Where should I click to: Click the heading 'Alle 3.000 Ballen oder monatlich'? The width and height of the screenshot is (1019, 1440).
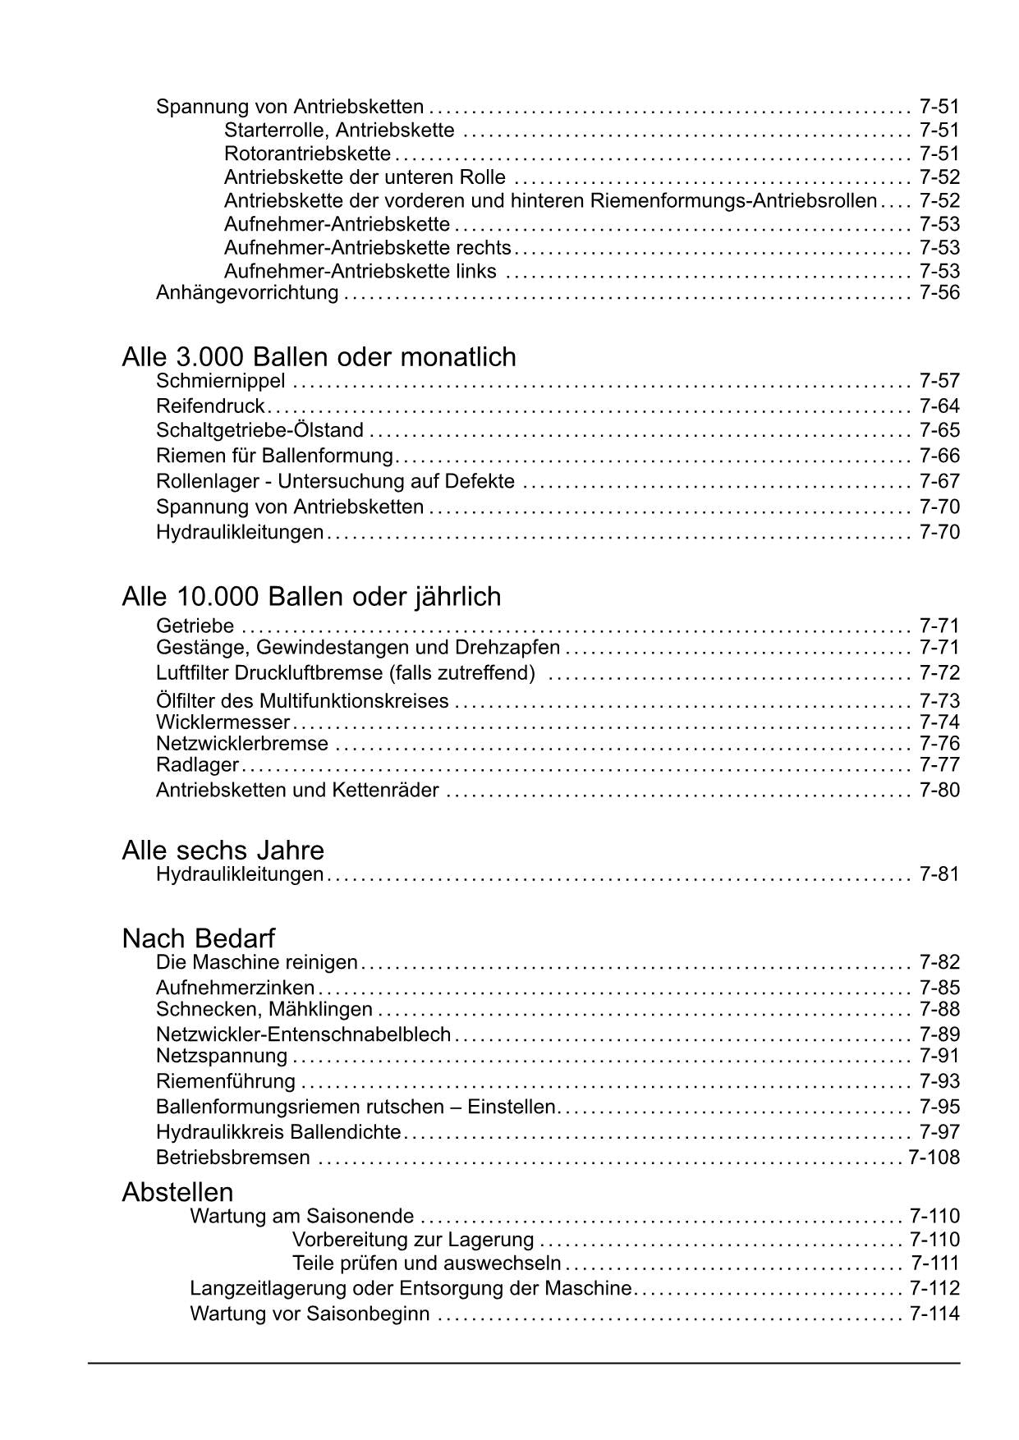click(319, 357)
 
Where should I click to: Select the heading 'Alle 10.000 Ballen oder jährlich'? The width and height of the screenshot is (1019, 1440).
click(311, 597)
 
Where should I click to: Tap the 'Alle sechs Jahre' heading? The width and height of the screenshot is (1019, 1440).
click(223, 850)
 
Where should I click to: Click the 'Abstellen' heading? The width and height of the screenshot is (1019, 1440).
click(177, 1192)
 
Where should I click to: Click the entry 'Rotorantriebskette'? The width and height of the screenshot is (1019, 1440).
click(307, 154)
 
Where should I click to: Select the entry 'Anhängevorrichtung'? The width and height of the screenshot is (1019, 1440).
click(247, 293)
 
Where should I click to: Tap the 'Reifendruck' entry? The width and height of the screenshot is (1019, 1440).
click(210, 406)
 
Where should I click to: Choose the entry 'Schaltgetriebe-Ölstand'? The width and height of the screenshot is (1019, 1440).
click(259, 430)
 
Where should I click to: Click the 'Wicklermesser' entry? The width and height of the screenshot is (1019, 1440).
click(223, 722)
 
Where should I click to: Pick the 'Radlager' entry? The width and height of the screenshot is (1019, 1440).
click(197, 765)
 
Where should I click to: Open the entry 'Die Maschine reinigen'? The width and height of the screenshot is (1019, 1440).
click(257, 962)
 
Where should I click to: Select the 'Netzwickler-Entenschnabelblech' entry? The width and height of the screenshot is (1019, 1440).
click(303, 1034)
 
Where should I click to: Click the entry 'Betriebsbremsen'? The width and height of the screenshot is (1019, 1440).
click(233, 1158)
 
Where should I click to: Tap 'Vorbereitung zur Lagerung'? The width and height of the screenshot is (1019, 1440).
click(413, 1240)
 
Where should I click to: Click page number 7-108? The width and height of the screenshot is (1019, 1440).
click(934, 1158)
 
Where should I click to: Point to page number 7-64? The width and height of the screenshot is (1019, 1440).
click(939, 406)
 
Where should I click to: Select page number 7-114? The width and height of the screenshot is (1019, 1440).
click(934, 1314)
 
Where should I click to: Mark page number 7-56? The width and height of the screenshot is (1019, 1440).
click(939, 293)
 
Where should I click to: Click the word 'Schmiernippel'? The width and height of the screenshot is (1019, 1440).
click(221, 381)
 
